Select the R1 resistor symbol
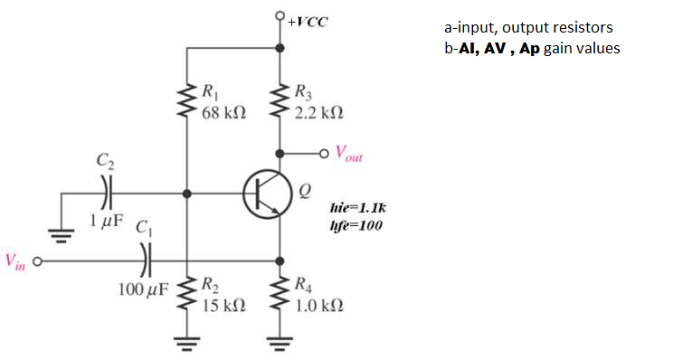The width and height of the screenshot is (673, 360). pyautogui.click(x=186, y=102)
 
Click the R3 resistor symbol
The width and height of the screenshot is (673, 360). pyautogui.click(x=280, y=102)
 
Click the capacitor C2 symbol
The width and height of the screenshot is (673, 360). pyautogui.click(x=106, y=193)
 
